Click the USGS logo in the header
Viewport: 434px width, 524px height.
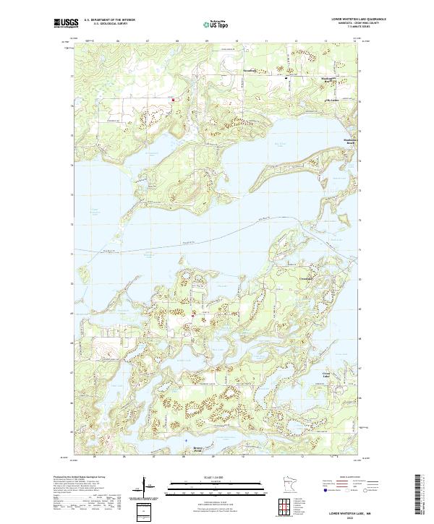click(66, 24)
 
